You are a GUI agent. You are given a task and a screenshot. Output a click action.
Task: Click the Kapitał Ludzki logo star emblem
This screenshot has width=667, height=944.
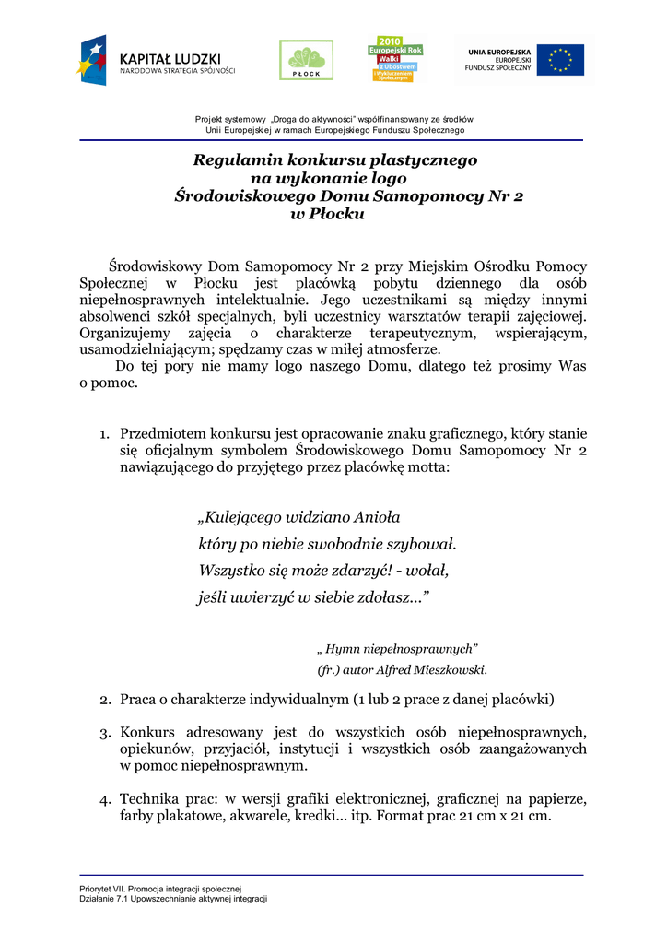(x=92, y=60)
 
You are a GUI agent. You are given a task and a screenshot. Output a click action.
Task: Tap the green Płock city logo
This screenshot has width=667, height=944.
(x=299, y=60)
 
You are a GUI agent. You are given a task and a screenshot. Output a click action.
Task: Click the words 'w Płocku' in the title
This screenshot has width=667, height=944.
(x=328, y=214)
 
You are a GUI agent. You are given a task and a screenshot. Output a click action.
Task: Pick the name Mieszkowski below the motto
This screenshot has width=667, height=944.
(x=450, y=670)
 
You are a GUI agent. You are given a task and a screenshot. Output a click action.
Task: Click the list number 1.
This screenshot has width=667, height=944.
(x=105, y=433)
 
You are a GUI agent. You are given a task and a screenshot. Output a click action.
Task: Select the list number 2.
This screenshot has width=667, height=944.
(x=105, y=700)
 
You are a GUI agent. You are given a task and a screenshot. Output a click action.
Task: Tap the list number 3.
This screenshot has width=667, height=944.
(x=105, y=733)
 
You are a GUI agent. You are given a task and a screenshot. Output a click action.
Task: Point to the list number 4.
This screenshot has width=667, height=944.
(x=105, y=799)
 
